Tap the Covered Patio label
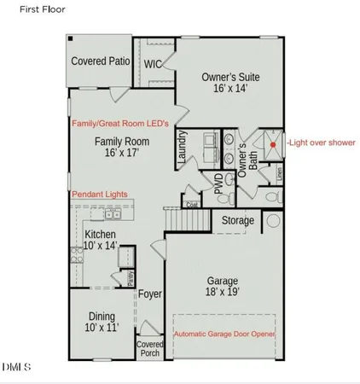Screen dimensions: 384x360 pyautogui.click(x=101, y=61)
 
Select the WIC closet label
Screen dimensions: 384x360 pyautogui.click(x=153, y=64)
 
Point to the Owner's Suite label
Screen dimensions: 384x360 pyautogui.click(x=230, y=78)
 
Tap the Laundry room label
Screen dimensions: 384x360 pyautogui.click(x=182, y=149)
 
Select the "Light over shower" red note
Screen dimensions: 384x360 pyautogui.click(x=321, y=143)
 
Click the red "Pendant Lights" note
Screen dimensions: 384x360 pyautogui.click(x=101, y=195)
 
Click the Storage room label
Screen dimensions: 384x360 pyautogui.click(x=238, y=221)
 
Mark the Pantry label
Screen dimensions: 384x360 pyautogui.click(x=131, y=278)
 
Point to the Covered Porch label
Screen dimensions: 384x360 pyautogui.click(x=150, y=349)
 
